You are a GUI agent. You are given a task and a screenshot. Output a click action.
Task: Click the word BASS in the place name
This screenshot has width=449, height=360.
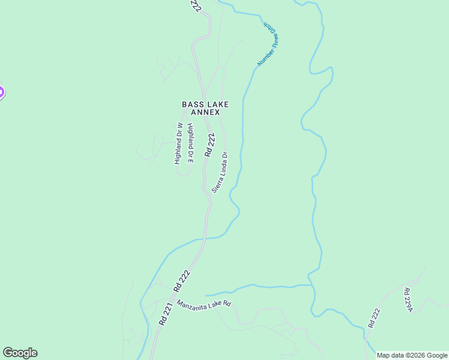coord(193,104)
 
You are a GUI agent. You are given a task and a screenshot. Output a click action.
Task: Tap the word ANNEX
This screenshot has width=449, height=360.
coord(205,112)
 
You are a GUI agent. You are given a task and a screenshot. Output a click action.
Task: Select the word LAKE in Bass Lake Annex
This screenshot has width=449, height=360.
coord(217,104)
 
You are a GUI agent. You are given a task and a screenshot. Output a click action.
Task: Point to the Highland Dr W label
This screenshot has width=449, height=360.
coord(178,143)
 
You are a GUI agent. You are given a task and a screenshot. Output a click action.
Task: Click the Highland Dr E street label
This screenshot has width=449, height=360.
coord(191,143)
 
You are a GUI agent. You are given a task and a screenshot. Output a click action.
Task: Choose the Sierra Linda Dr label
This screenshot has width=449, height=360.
coord(220,172)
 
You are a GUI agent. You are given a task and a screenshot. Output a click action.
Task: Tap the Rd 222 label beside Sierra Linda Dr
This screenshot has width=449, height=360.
coord(209,145)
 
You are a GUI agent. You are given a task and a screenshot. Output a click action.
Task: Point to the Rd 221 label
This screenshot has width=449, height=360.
coord(166,313)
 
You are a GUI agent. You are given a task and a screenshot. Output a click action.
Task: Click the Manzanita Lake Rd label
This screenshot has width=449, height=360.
coord(204,301)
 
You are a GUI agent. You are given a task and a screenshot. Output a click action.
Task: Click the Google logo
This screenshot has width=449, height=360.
coord(20,353)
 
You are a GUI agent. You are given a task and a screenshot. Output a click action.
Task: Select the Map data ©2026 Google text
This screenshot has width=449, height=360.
coord(412,355)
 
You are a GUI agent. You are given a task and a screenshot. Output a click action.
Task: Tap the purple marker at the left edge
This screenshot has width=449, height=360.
coord(1,92)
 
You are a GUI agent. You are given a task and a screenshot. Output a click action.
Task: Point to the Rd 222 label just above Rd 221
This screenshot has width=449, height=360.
coord(184,281)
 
